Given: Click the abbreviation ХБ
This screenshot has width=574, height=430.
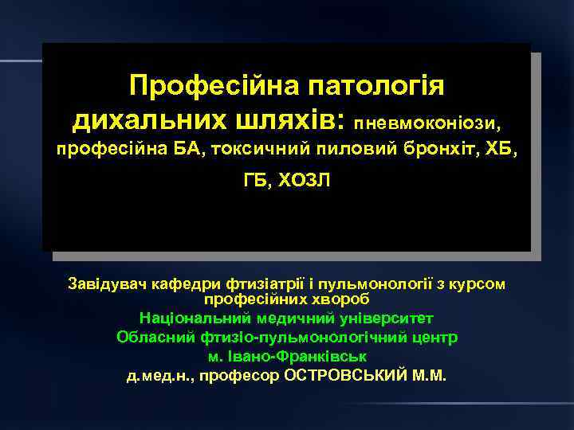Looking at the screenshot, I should [503, 149].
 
